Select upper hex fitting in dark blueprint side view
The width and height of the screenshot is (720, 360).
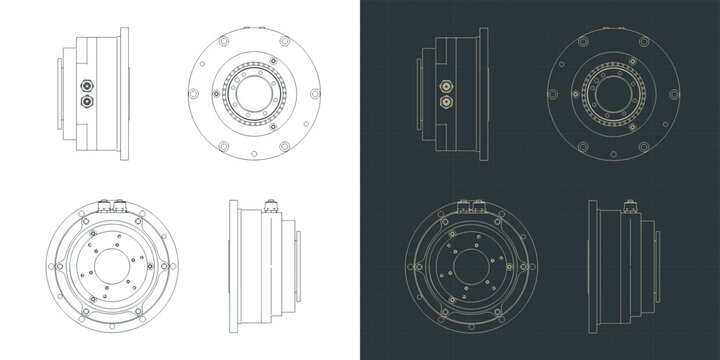point(440,87)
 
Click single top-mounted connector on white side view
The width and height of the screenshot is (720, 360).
point(268,207)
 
